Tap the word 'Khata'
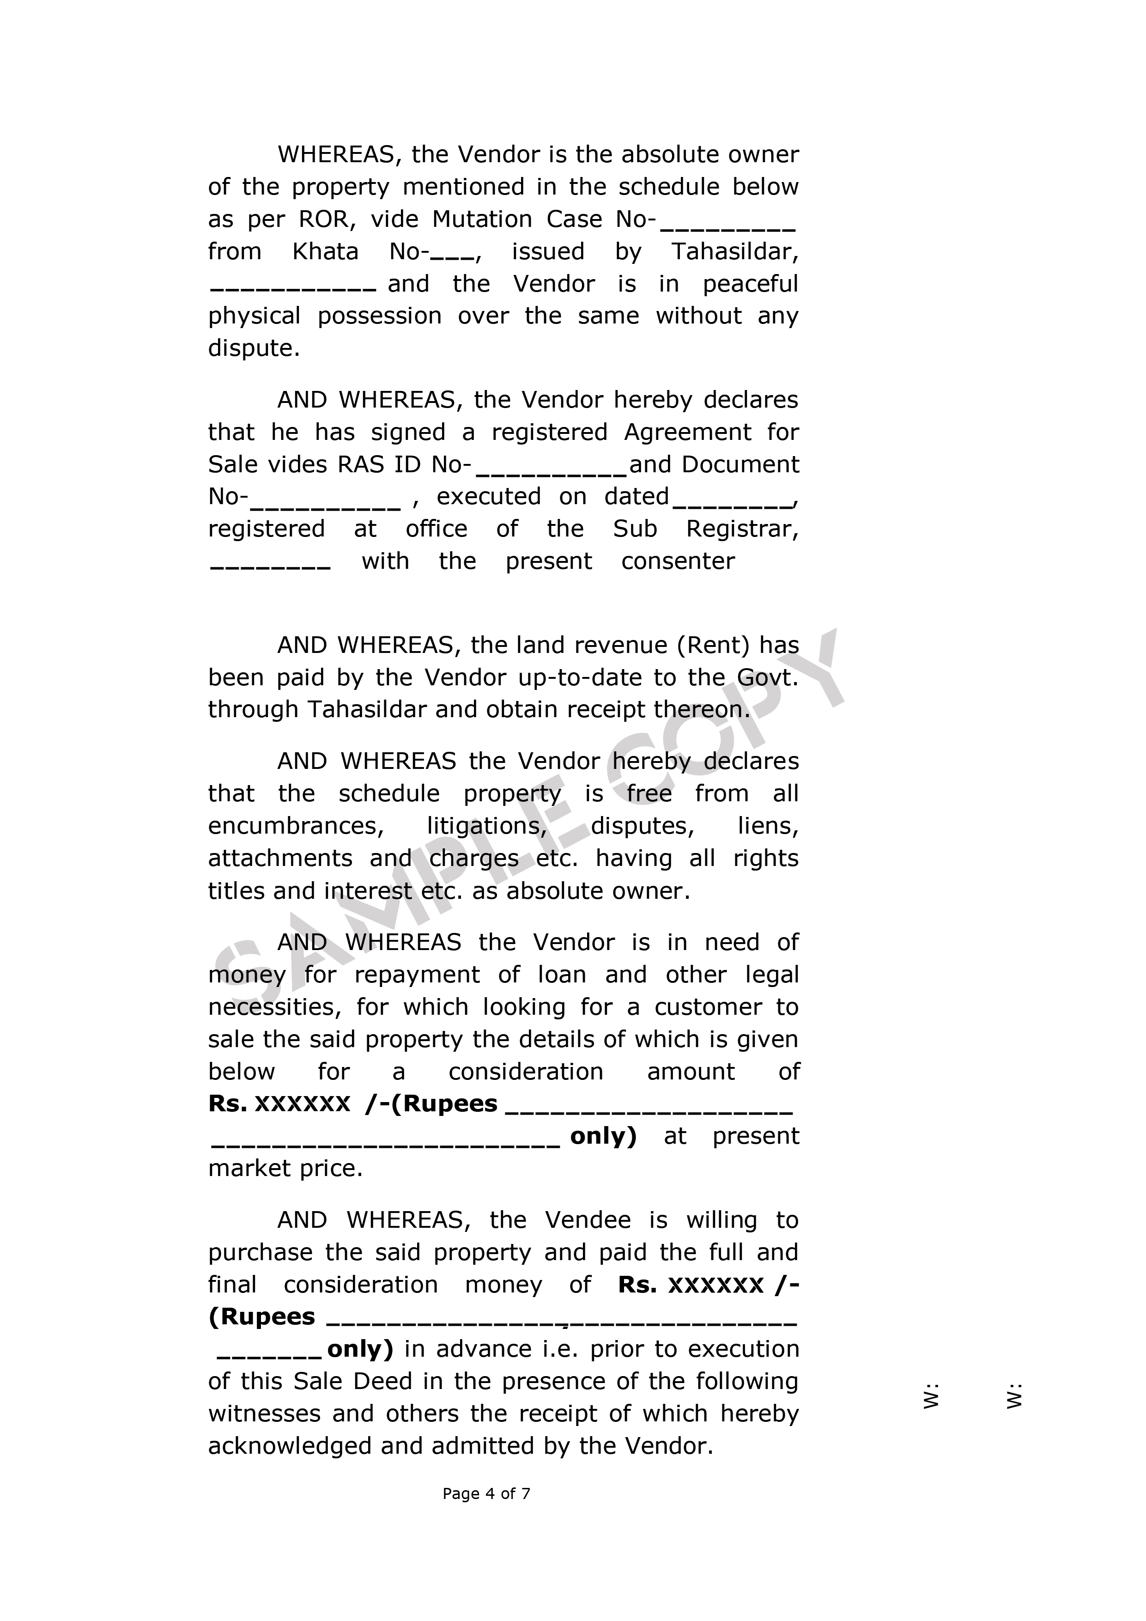pos(325,251)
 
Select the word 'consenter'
pos(678,561)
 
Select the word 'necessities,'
pos(274,1007)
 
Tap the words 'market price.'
pos(285,1169)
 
